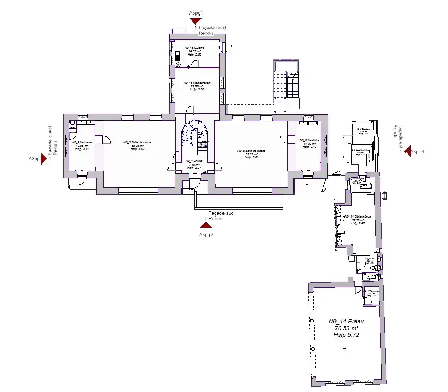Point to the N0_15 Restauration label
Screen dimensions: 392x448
coord(198,83)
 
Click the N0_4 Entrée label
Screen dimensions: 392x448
coord(194,161)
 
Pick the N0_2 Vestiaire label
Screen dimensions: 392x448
coord(79,142)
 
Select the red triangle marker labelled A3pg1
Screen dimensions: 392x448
coord(195,21)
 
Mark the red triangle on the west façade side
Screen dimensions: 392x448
coord(44,159)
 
